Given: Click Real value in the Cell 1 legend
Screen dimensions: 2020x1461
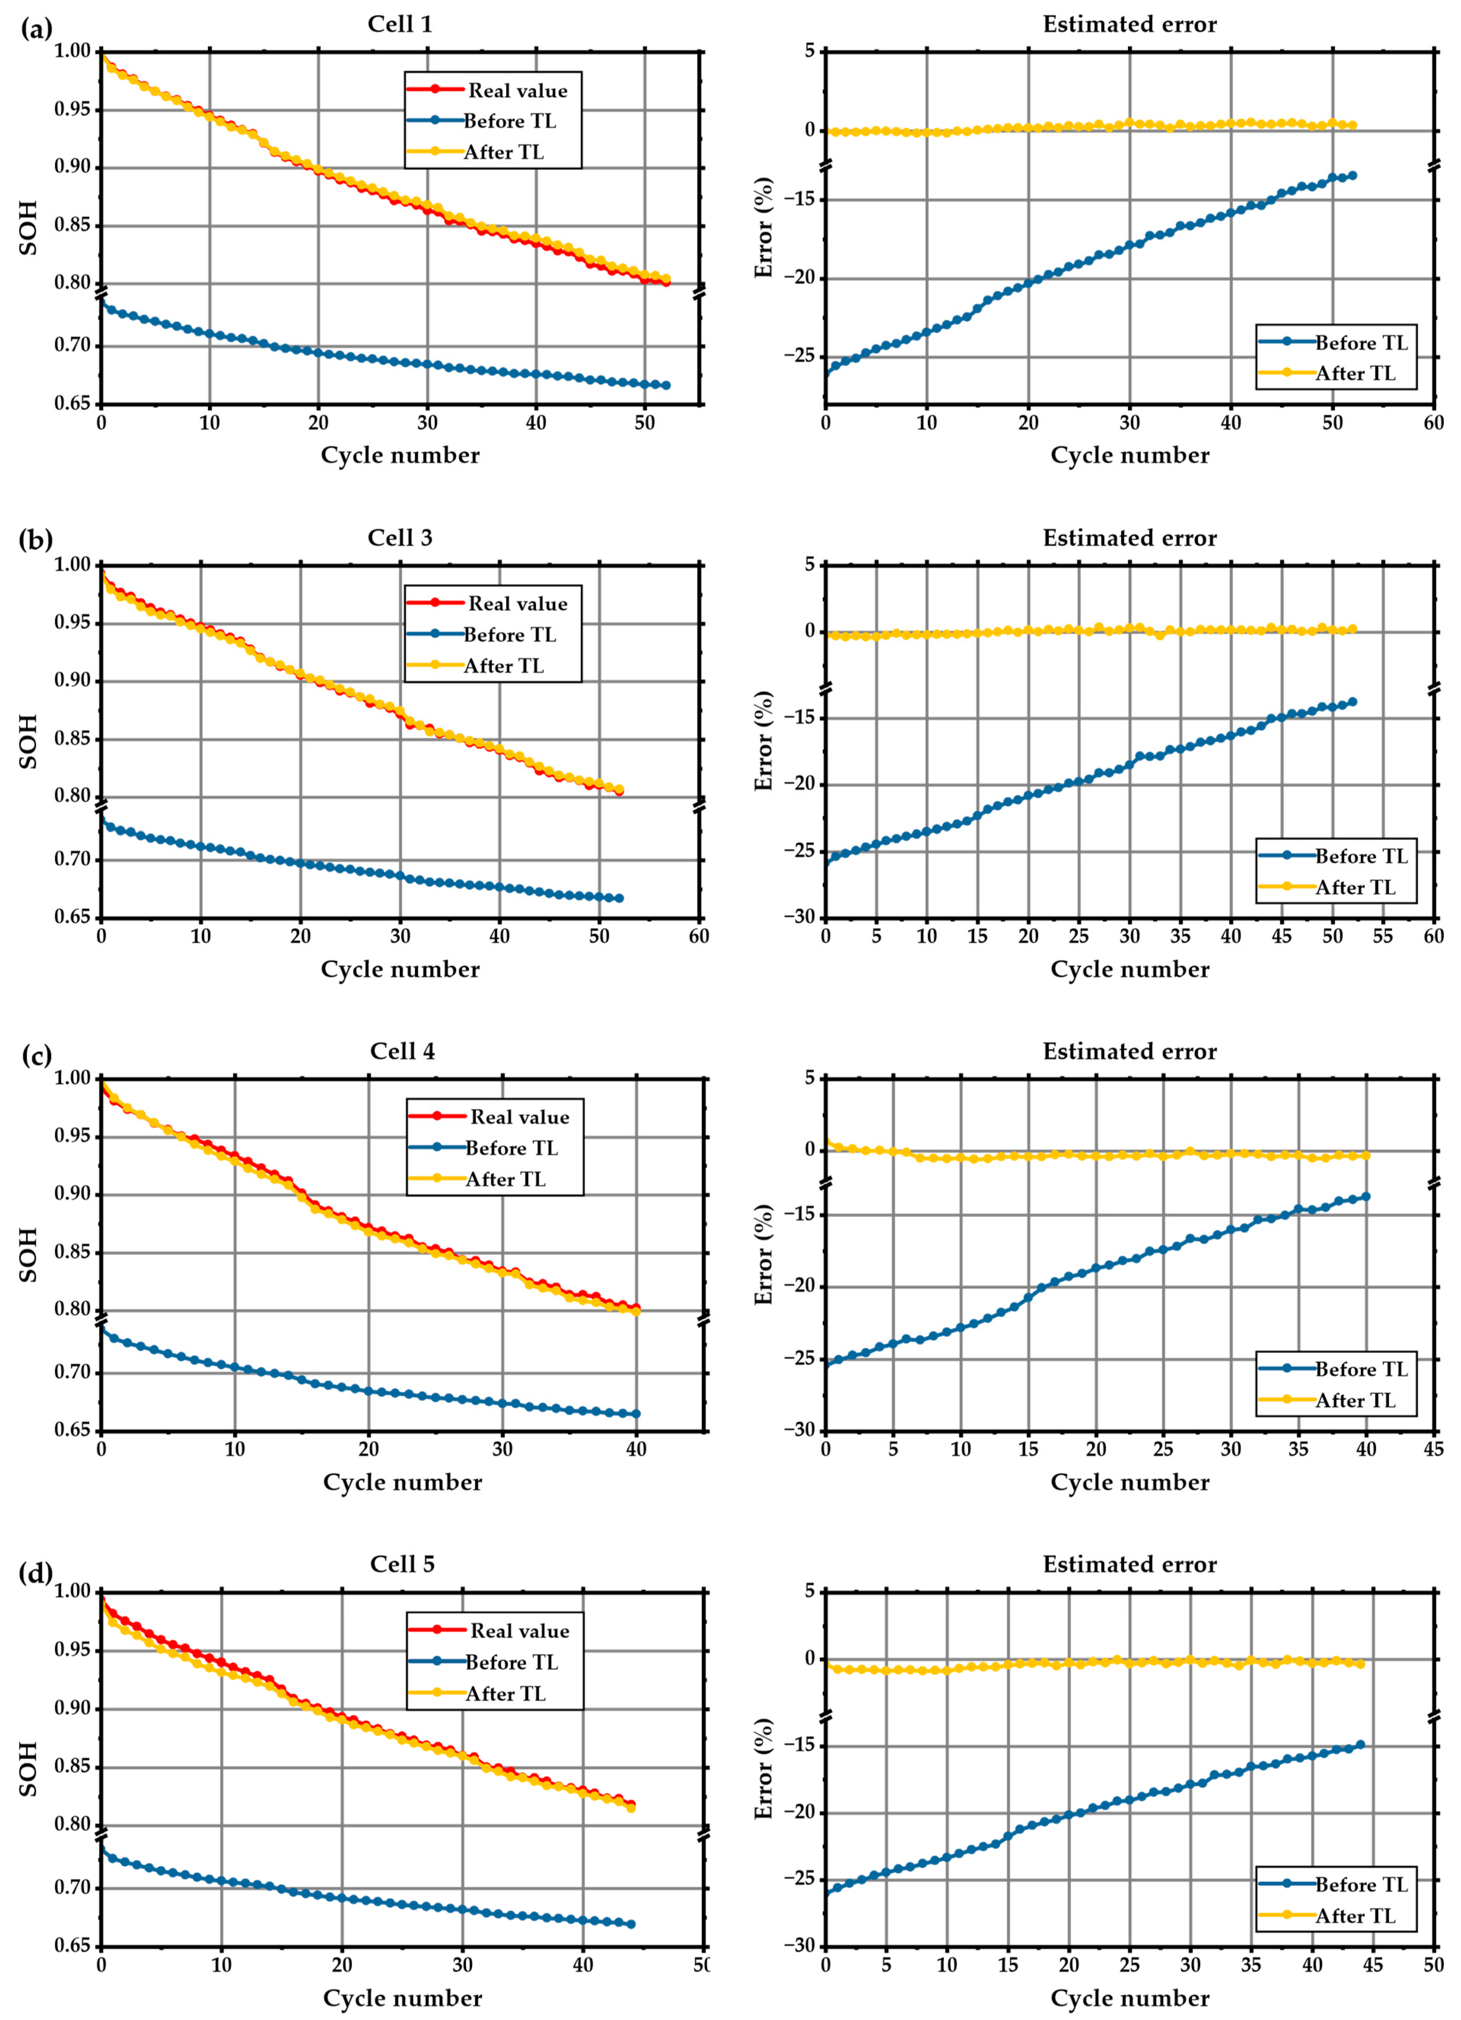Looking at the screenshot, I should click(517, 90).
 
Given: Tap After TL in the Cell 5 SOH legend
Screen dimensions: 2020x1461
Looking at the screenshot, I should click(505, 1693).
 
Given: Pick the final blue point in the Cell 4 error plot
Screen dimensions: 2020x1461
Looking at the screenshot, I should click(1366, 1196).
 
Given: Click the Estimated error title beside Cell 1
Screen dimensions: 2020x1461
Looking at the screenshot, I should click(1130, 24).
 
